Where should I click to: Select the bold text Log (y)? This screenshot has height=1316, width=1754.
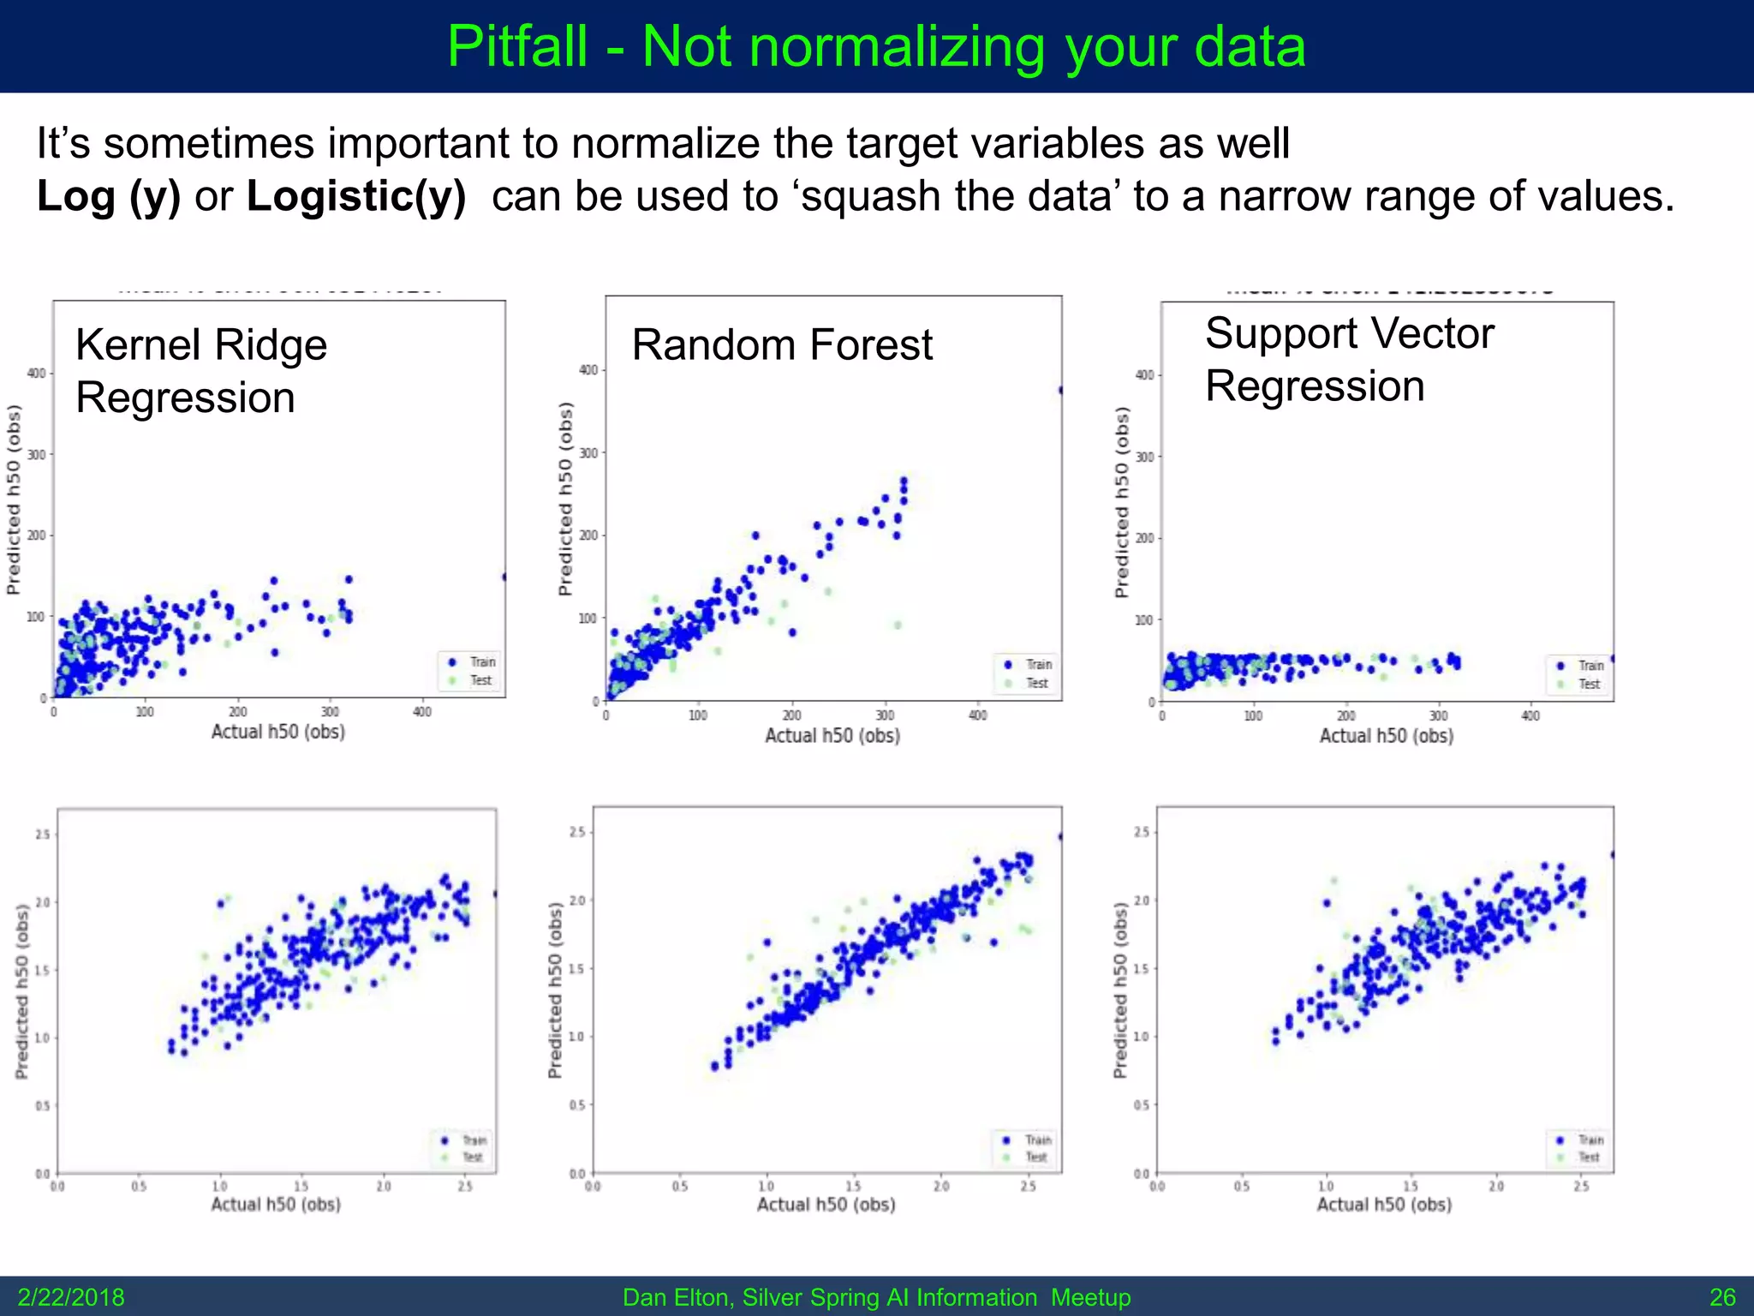[109, 196]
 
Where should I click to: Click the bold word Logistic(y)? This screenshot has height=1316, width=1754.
[355, 196]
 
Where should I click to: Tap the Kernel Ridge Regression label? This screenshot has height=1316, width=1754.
[201, 371]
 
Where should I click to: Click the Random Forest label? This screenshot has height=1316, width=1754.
[781, 345]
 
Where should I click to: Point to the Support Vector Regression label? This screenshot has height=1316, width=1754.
[1349, 359]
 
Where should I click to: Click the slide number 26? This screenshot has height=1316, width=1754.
[1722, 1297]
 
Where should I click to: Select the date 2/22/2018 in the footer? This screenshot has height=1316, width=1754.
[71, 1297]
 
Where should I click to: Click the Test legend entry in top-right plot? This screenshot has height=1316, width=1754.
[1589, 684]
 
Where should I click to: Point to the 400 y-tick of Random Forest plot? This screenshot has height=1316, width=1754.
[588, 370]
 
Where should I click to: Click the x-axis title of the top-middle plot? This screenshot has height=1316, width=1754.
[832, 735]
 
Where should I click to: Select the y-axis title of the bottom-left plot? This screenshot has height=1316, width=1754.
[22, 992]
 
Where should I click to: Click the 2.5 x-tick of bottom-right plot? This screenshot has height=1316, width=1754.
[1580, 1187]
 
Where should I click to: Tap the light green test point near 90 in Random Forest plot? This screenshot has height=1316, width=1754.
[898, 625]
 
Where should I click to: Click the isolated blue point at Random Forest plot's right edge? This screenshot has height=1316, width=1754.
[1060, 390]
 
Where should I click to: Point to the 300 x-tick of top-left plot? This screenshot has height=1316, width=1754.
[330, 712]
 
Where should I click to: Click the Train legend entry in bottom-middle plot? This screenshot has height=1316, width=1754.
[1038, 1140]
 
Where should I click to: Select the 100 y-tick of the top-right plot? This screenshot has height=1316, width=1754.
[1144, 619]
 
